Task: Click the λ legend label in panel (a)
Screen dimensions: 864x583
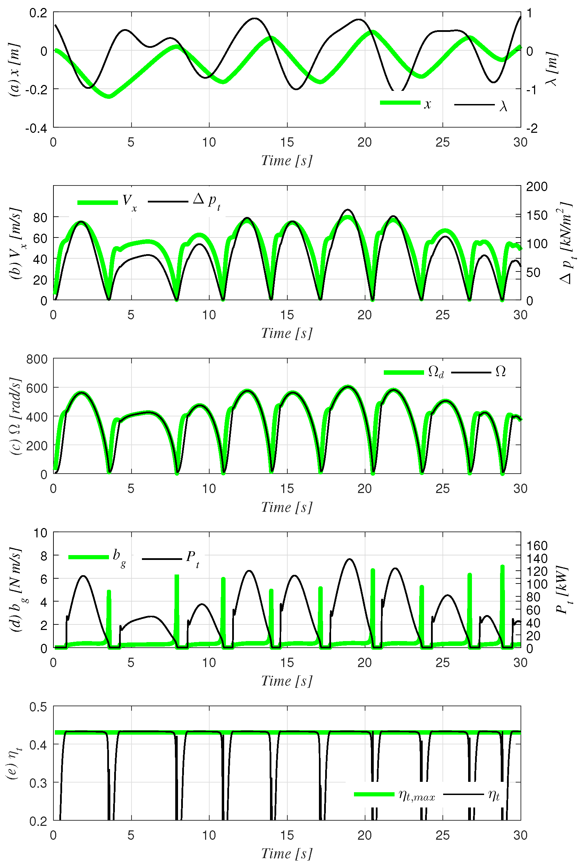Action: (503, 106)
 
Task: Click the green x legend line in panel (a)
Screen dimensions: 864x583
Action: (400, 103)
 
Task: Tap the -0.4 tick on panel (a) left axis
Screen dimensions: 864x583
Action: (36, 129)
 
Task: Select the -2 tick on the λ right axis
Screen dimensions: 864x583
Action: (532, 129)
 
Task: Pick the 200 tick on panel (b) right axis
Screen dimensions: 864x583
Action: (536, 187)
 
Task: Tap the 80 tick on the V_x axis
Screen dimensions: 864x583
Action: (40, 217)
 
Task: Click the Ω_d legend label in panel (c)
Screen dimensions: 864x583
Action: (436, 372)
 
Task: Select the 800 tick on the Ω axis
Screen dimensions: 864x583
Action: (37, 359)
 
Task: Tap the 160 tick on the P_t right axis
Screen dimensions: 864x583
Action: (536, 546)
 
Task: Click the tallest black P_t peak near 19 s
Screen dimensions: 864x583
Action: (349, 559)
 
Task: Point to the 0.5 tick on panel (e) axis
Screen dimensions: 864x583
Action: (38, 707)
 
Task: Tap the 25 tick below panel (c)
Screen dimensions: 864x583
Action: (442, 489)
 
